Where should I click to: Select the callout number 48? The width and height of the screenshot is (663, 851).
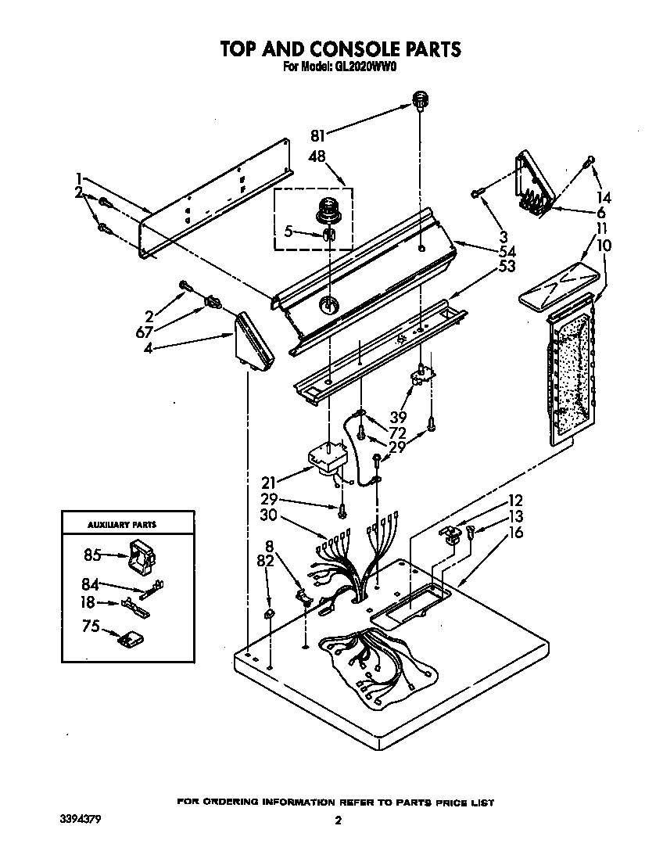(x=319, y=156)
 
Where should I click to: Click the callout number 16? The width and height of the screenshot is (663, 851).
(x=514, y=533)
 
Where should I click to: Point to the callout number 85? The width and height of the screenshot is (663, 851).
(x=93, y=555)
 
